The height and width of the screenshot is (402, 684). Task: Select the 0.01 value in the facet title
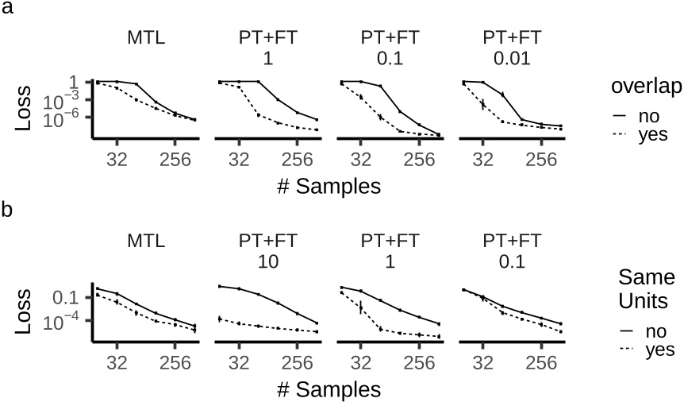click(511, 59)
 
